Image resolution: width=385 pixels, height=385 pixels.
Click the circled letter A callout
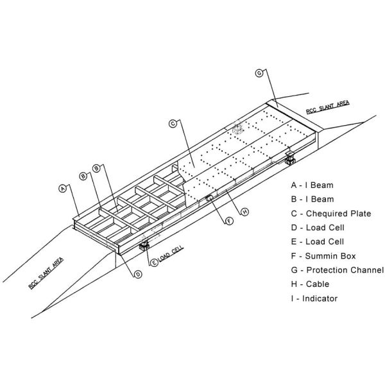63,188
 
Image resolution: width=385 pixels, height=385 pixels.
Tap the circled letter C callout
173,123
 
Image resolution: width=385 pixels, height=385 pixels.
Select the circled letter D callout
138,274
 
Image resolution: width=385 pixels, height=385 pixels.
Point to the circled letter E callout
154,262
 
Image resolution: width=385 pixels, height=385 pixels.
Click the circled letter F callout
229,221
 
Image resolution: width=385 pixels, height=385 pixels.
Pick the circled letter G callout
259,73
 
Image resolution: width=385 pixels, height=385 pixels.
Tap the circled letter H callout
245,212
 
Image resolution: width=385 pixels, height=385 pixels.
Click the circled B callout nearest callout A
83,176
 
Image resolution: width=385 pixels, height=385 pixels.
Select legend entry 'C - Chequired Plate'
331,214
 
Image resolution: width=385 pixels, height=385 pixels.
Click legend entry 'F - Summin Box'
323,256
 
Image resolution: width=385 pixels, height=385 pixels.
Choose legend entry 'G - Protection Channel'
338,270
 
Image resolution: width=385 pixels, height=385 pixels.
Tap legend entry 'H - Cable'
310,284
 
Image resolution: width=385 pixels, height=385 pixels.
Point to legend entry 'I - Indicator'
314,298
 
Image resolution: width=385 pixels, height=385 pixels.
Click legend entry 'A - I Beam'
312,185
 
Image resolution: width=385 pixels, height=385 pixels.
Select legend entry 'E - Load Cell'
317,242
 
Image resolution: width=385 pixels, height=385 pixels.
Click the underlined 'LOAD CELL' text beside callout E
171,253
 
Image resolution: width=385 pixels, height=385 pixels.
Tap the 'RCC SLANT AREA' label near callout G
327,107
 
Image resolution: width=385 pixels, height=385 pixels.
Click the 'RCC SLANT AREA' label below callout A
46,273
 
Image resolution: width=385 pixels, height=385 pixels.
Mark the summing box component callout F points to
209,198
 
